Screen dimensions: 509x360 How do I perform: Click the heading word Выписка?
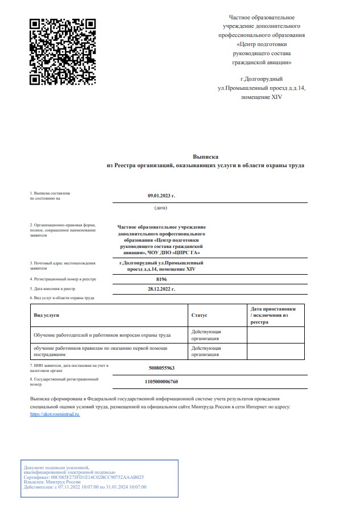click(205, 156)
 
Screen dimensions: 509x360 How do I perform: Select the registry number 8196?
click(162, 279)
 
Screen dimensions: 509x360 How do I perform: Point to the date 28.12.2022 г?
click(162, 289)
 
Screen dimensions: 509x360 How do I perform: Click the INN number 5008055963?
click(161, 368)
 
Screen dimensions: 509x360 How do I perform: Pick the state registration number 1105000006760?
click(161, 381)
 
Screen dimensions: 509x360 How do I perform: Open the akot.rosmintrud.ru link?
click(55, 415)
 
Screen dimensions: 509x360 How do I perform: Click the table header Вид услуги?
click(47, 314)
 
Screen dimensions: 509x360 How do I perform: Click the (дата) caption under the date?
click(161, 208)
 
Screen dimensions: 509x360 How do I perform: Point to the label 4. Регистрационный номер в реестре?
click(63, 279)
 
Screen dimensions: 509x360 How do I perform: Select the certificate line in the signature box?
click(84, 477)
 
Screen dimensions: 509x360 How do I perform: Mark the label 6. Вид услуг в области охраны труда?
click(62, 297)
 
